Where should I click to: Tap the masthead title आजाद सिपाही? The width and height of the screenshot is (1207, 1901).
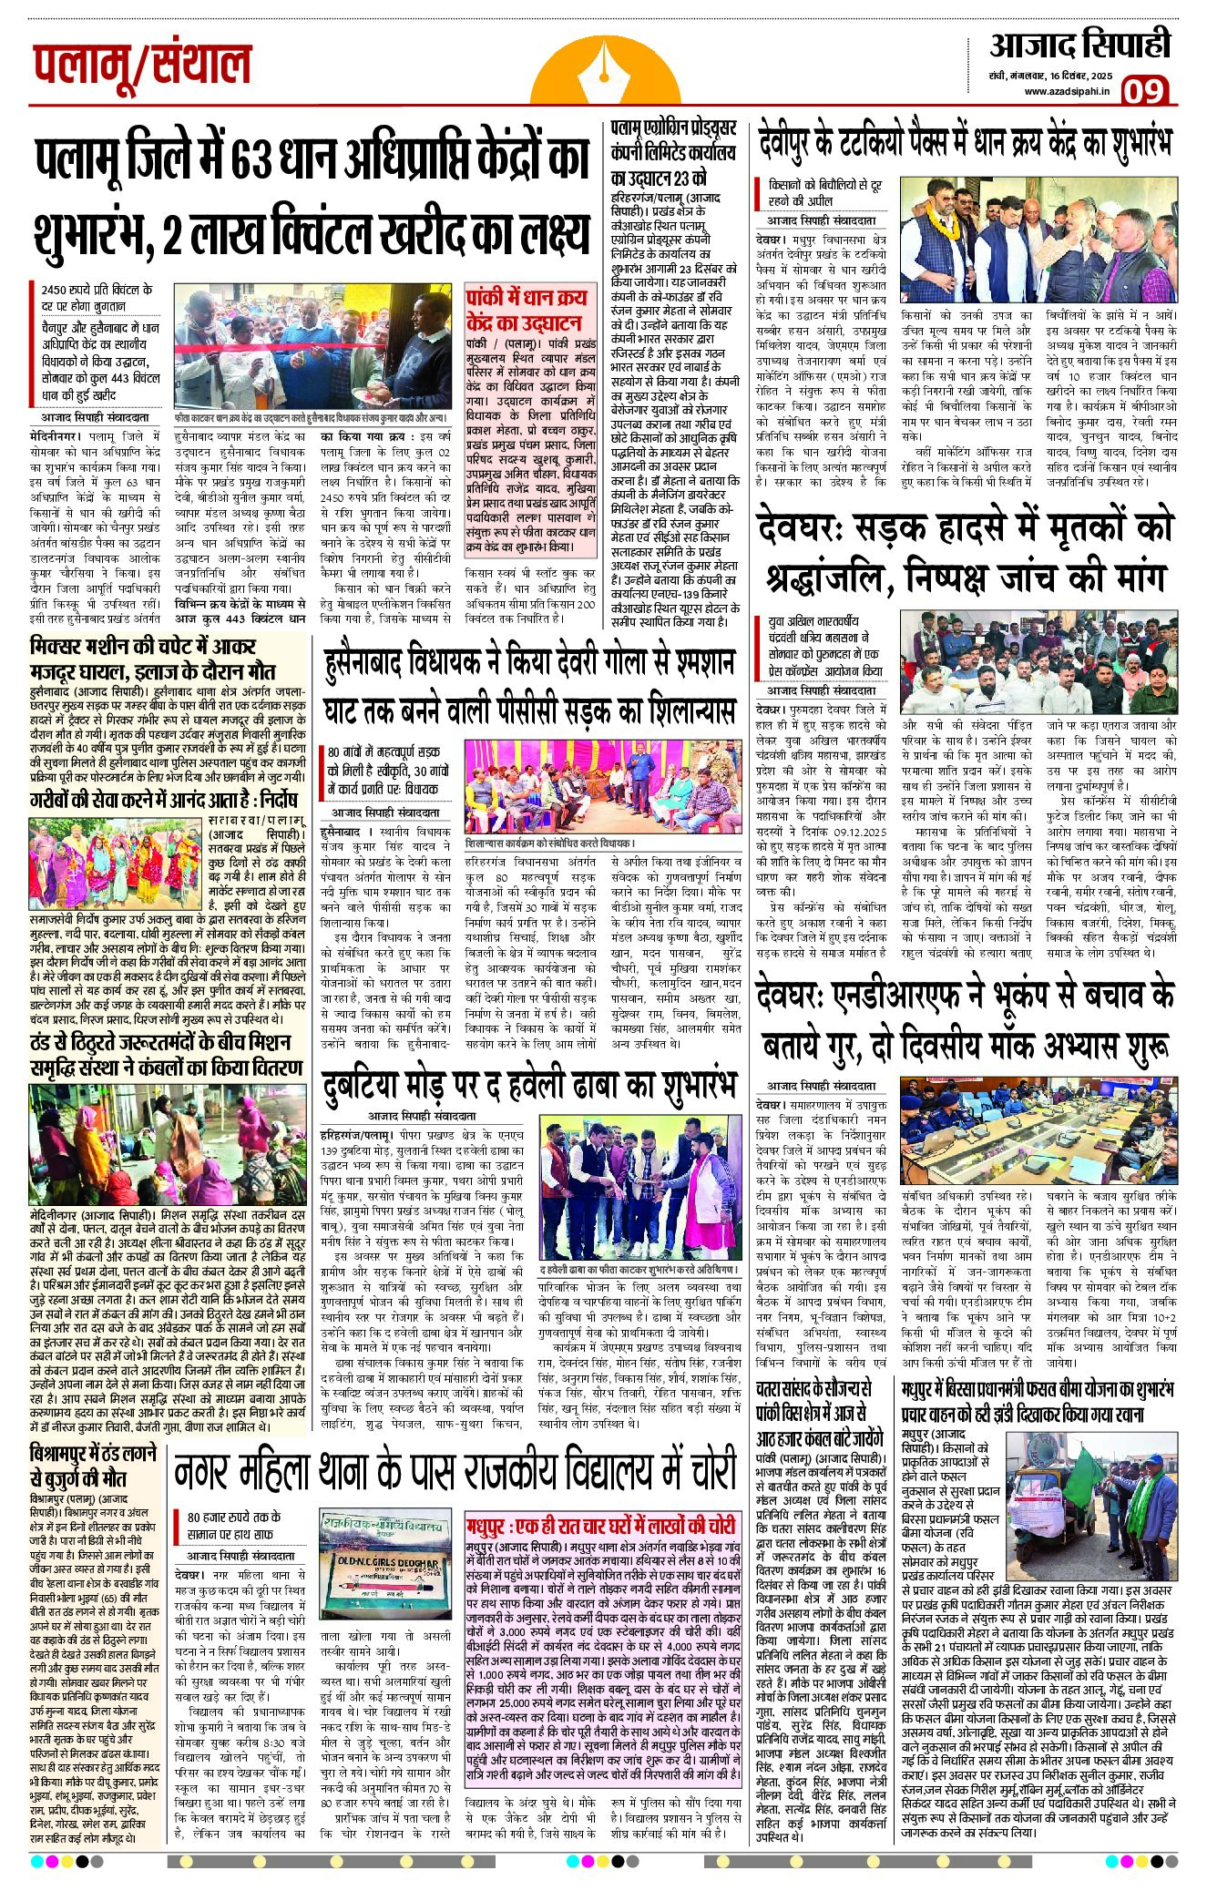coord(1080,46)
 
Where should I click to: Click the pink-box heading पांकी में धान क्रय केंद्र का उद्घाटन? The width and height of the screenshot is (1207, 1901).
coord(524,311)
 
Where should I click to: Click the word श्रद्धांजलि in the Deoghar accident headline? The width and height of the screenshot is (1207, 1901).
coord(838,577)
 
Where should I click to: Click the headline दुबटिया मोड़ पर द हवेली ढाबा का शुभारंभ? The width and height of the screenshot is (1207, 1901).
coord(528,1087)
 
